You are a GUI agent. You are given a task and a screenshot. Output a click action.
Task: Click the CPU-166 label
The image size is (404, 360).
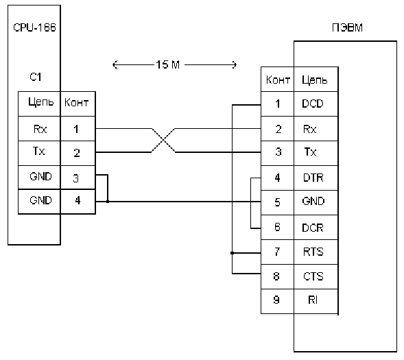(34, 27)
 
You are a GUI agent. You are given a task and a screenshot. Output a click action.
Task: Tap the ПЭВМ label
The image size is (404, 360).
(347, 27)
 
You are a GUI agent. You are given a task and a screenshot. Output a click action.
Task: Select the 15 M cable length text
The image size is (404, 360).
(168, 64)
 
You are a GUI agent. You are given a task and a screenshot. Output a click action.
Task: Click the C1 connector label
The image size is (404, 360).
(35, 77)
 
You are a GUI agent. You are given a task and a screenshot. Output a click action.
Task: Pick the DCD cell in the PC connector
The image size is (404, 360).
(316, 104)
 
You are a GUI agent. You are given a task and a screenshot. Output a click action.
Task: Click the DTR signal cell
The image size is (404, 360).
(316, 178)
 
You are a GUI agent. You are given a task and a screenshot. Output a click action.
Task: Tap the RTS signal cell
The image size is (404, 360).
(316, 252)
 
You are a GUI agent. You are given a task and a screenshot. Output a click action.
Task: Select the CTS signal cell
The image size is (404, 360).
(316, 276)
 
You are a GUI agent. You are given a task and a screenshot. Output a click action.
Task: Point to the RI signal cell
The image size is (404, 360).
(316, 301)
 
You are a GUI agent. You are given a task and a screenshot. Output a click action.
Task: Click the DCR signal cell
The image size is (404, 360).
(316, 228)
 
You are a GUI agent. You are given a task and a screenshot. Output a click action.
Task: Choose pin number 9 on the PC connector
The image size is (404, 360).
(276, 300)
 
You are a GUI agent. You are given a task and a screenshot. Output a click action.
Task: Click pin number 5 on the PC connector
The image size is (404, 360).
(277, 202)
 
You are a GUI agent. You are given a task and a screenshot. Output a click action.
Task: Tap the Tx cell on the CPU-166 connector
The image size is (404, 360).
(39, 153)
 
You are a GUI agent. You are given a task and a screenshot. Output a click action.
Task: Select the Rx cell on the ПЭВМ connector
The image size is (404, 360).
(316, 128)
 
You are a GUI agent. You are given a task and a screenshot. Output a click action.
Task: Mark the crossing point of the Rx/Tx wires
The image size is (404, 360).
(163, 141)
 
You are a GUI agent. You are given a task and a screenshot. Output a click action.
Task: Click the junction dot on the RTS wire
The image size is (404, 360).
(232, 253)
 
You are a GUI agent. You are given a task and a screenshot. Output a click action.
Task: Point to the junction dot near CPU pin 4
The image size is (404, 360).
(108, 202)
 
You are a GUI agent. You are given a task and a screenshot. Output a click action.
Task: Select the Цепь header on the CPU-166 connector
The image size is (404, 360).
(41, 102)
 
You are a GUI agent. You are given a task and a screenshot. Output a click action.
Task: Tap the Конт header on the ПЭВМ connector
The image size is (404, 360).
(278, 80)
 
